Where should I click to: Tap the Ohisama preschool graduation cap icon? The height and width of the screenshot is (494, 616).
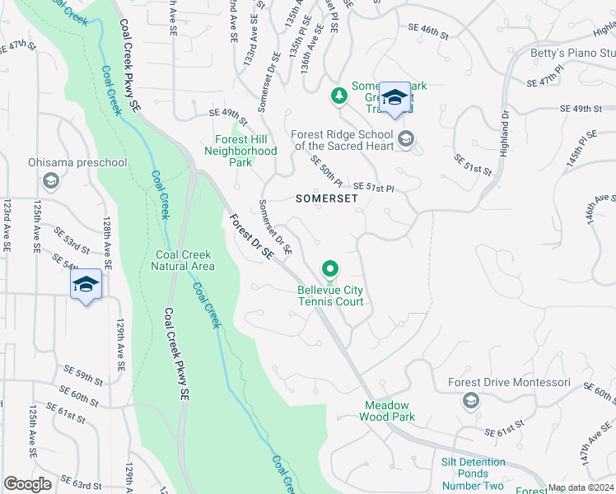tap(50, 180)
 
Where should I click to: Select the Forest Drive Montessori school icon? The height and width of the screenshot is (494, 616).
tap(471, 401)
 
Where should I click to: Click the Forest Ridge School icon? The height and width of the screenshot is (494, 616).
tap(405, 138)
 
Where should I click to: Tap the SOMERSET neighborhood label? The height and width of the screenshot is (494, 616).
tap(327, 198)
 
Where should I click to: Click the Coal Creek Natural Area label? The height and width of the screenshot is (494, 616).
tap(184, 260)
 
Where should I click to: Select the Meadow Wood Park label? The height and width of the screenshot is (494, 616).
tap(387, 411)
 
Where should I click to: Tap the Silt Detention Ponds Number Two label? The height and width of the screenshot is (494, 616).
tap(473, 474)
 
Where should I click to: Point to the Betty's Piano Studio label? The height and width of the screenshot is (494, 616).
tap(573, 54)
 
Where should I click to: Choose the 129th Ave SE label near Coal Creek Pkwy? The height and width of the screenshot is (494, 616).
tap(120, 338)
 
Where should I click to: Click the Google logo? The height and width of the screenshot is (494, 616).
tap(27, 484)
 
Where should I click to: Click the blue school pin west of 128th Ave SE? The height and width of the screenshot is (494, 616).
tap(86, 285)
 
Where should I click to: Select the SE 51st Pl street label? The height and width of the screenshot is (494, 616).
tap(375, 189)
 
